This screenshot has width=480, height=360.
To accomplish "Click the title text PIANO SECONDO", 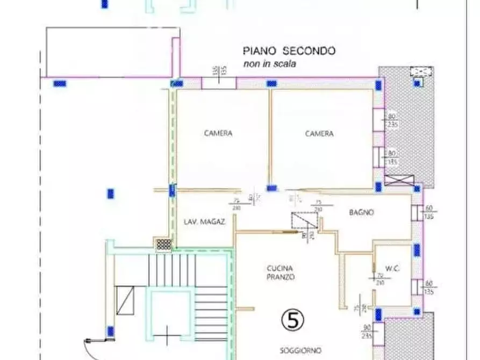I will click(289, 51).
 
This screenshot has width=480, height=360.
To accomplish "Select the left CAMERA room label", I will click(218, 133).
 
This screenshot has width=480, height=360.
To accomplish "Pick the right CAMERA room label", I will click(319, 134).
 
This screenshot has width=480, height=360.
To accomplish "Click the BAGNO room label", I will click(361, 213).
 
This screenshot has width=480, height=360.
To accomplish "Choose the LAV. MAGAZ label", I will click(204, 221).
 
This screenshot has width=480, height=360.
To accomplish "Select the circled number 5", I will click(293, 320).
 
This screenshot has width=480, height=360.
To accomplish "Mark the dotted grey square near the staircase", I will click(163, 244).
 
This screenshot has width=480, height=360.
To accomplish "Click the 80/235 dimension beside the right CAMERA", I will click(392, 120).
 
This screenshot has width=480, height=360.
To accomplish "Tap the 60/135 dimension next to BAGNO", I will click(429, 212).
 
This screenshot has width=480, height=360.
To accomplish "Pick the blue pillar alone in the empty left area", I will click(111, 193).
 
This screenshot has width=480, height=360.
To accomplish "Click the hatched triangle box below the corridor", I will click(304, 221).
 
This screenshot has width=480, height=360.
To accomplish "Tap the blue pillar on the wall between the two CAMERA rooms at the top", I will click(272, 84).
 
